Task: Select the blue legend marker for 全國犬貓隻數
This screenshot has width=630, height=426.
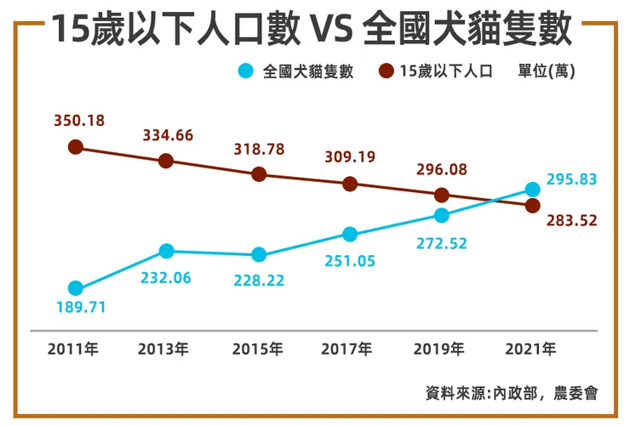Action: pyautogui.click(x=247, y=71)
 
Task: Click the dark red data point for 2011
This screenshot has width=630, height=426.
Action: pyautogui.click(x=76, y=147)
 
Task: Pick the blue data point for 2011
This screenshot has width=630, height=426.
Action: pyautogui.click(x=76, y=288)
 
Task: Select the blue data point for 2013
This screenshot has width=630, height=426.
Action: pyautogui.click(x=167, y=251)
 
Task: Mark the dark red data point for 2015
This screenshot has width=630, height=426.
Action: pyautogui.click(x=260, y=174)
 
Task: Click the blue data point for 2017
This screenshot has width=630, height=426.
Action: pyautogui.click(x=350, y=234)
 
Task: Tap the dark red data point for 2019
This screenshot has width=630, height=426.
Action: pyautogui.click(x=441, y=195)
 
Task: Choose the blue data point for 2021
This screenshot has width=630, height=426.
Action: pyautogui.click(x=532, y=189)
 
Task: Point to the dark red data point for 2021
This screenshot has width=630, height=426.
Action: pyautogui.click(x=532, y=206)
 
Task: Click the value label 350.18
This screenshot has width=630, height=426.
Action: pyautogui.click(x=78, y=121)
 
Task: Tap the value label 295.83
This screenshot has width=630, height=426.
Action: pyautogui.click(x=571, y=179)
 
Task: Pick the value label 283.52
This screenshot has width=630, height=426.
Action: pyautogui.click(x=571, y=220)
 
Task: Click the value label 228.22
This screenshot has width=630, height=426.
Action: pyautogui.click(x=259, y=280)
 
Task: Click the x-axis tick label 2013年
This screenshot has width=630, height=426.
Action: pyautogui.click(x=166, y=349)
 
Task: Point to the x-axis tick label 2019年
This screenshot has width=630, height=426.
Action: pyautogui.click(x=440, y=349)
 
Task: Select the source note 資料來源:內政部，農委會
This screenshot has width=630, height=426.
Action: pyautogui.click(x=512, y=393)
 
